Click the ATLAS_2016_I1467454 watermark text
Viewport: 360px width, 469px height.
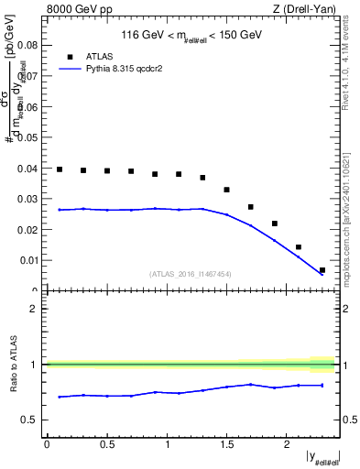click(x=191, y=274)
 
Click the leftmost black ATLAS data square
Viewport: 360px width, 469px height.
click(x=60, y=169)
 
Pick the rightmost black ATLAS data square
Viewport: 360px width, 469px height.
click(x=322, y=270)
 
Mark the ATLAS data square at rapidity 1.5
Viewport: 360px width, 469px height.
click(x=226, y=190)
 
